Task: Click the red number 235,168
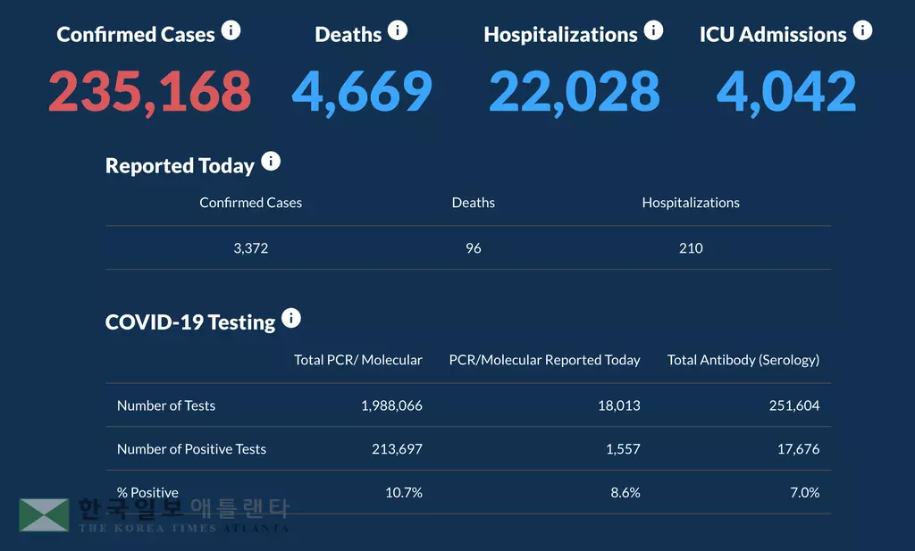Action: (x=149, y=91)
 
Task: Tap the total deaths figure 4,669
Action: (x=362, y=91)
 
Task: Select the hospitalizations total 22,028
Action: (x=574, y=91)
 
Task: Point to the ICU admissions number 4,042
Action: (x=786, y=91)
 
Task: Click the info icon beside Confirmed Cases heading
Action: (x=231, y=31)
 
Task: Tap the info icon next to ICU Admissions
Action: (x=862, y=31)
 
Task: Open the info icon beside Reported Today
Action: (x=270, y=163)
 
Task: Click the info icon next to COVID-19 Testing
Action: (x=291, y=319)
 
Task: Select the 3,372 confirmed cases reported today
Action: (x=250, y=248)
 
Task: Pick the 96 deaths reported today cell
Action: (x=474, y=248)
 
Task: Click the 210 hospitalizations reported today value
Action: (x=691, y=248)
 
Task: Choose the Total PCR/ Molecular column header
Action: (x=358, y=360)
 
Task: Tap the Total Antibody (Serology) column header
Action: (x=743, y=360)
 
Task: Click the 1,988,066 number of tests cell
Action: (x=391, y=405)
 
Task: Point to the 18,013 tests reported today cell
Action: (x=619, y=405)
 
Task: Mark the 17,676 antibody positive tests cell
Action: (x=798, y=449)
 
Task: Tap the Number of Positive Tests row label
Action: (x=191, y=449)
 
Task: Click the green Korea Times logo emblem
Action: (x=44, y=514)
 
